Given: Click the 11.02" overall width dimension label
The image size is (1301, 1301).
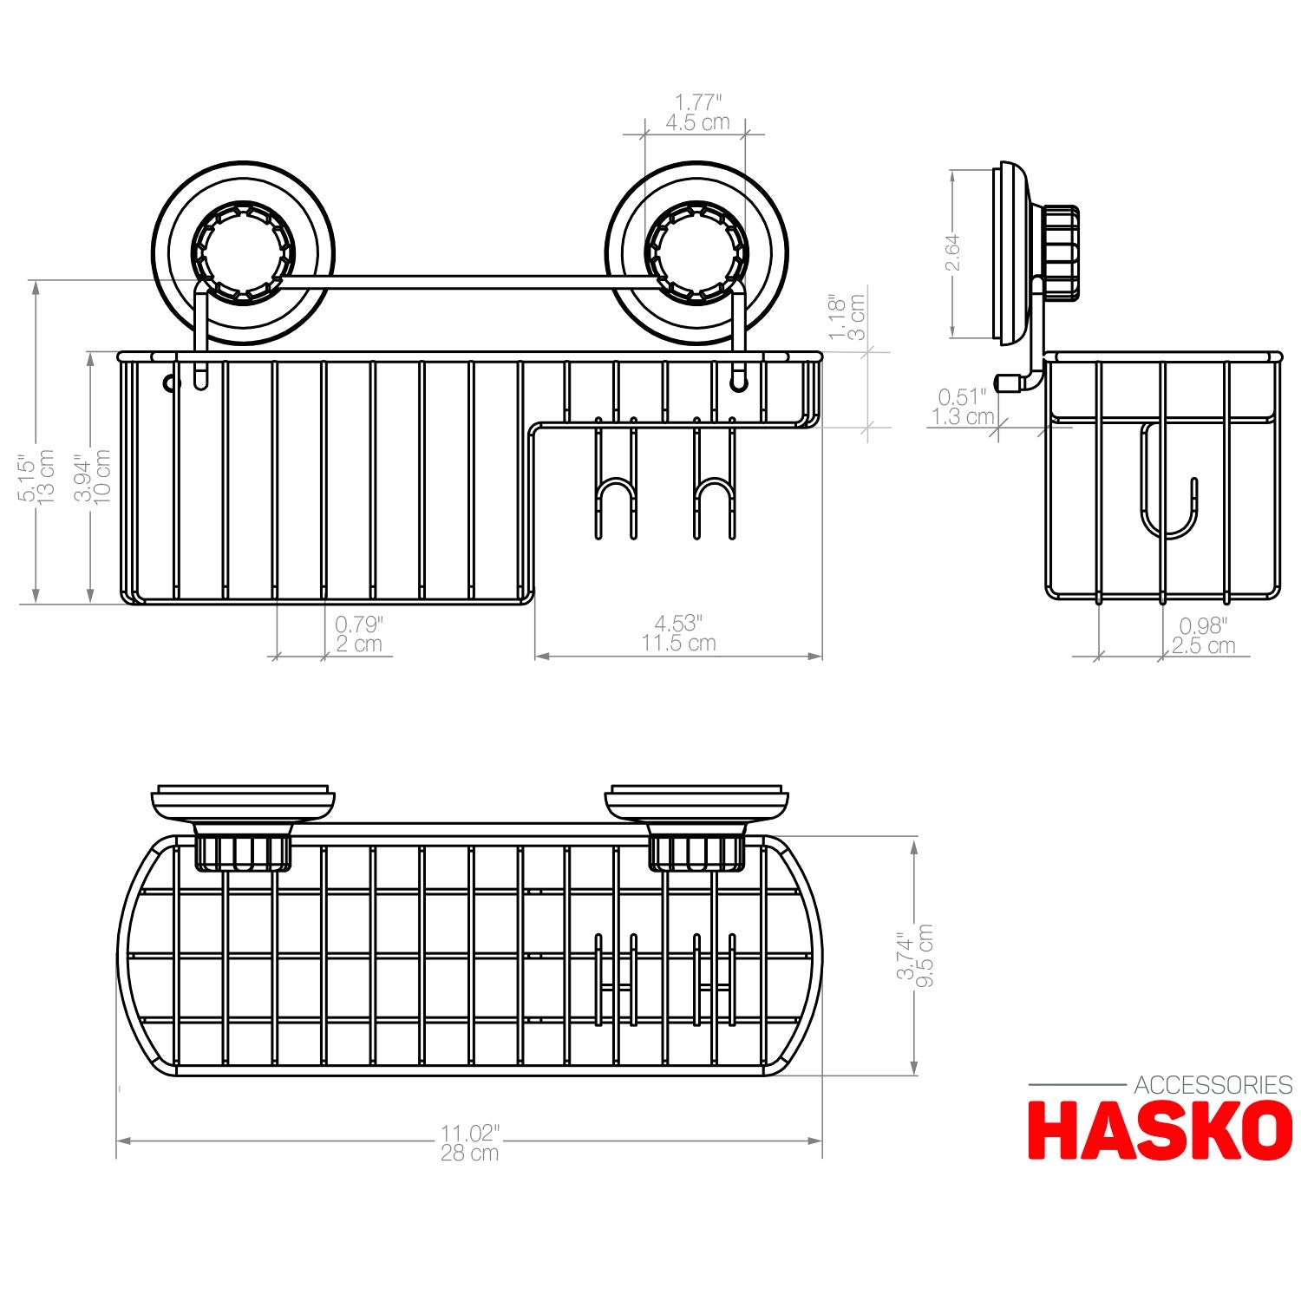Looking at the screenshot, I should tap(469, 1133).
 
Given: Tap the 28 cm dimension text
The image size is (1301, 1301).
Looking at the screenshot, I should tap(469, 1153).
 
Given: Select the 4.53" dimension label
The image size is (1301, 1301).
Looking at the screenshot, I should tap(678, 623).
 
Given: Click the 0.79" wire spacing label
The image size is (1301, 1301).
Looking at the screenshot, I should tap(358, 624).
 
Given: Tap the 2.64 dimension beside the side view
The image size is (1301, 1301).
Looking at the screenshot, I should tap(952, 252).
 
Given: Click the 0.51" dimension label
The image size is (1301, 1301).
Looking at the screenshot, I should tap(962, 397).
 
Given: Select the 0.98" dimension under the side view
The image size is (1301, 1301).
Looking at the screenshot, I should tap(1203, 625).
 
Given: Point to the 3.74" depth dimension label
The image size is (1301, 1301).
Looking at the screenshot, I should tap(905, 956).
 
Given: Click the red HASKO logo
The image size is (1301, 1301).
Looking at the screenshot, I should tap(1160, 1130).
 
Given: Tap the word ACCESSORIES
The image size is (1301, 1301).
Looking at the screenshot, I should tap(1213, 1085).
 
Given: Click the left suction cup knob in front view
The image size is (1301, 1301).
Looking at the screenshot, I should tap(243, 252).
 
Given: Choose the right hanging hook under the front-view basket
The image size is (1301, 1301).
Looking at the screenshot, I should tap(714, 494).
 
